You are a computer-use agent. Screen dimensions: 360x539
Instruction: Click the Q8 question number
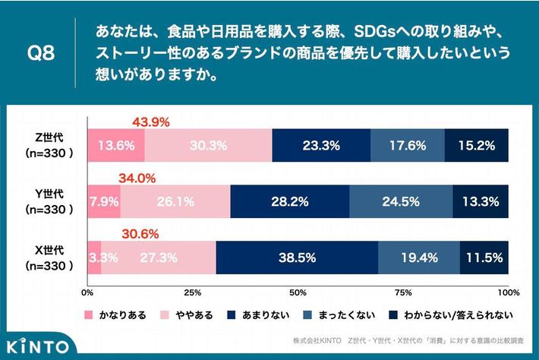[39, 55]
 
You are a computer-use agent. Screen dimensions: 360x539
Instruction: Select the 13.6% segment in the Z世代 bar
[116, 144]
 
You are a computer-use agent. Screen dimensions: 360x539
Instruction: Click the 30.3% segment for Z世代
[208, 144]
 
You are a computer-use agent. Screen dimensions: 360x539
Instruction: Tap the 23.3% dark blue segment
[320, 144]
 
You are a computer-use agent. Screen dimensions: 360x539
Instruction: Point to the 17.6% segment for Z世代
[407, 144]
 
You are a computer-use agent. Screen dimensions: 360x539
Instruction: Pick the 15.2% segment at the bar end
[476, 144]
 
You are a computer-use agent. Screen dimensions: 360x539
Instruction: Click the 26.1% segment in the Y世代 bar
[175, 201]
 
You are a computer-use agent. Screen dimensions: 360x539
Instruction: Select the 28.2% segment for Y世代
[289, 201]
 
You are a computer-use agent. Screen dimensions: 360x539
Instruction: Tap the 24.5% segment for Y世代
[401, 201]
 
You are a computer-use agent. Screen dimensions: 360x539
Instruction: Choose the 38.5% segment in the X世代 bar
[297, 257]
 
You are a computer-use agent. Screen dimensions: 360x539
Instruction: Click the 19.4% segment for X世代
[418, 257]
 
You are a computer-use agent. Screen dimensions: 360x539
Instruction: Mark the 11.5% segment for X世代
[484, 257]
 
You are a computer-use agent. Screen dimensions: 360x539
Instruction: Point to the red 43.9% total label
[150, 122]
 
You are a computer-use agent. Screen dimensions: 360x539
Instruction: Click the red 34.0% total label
[137, 178]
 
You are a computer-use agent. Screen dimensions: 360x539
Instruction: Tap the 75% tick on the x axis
[403, 292]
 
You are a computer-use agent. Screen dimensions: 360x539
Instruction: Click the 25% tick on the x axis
[193, 292]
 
